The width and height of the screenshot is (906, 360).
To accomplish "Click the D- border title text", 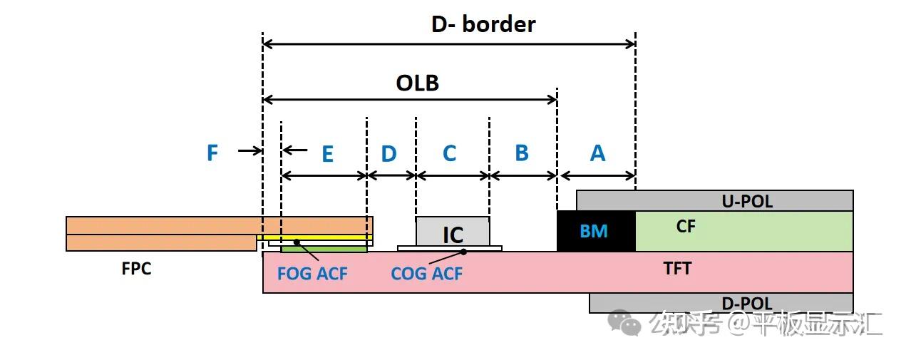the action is [x=483, y=24].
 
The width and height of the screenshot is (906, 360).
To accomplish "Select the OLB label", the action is [x=418, y=83].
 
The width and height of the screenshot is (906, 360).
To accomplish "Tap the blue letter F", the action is [x=212, y=153].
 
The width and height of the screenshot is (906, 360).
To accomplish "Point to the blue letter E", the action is [x=328, y=154].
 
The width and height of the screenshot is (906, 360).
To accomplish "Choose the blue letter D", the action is [x=389, y=154].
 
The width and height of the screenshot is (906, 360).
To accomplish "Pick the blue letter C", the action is [x=449, y=153].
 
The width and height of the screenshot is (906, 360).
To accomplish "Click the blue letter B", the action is [x=522, y=153].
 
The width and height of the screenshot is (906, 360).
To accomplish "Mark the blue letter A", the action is [x=598, y=153].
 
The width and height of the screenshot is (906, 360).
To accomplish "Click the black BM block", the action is [x=596, y=231].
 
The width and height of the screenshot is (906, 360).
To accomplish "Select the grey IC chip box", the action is [x=453, y=232].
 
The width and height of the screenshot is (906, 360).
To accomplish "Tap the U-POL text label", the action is [x=747, y=202].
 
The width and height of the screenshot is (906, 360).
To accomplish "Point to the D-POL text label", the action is [x=747, y=304].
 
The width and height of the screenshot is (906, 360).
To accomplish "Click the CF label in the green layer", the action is [x=686, y=227].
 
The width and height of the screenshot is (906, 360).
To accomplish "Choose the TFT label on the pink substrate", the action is [x=677, y=269].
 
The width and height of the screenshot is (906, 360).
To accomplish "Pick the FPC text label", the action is [x=136, y=269].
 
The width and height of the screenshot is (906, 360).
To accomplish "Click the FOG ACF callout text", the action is [x=312, y=274].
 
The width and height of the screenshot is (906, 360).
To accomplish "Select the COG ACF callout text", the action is [x=426, y=274].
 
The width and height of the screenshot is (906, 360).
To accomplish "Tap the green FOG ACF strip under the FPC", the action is [x=324, y=250].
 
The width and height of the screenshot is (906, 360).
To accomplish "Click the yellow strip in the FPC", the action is [x=314, y=237].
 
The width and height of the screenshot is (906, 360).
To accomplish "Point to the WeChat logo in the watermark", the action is [x=624, y=322].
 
